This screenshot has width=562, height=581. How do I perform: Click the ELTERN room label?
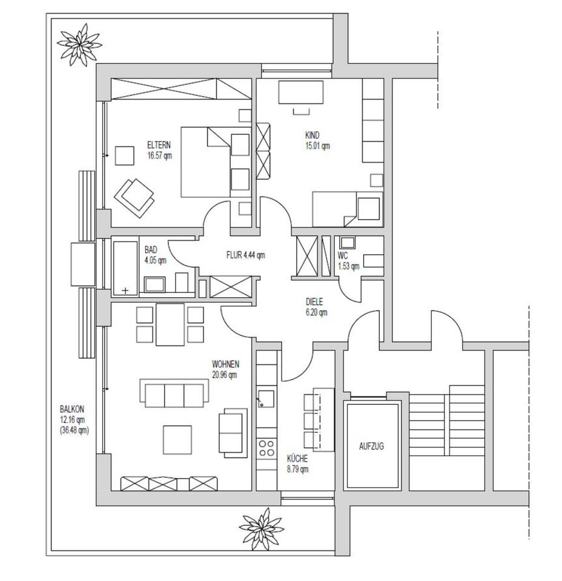click(159, 145)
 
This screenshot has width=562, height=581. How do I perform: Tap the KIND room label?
click(312, 136)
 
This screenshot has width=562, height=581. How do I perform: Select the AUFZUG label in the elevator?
click(371, 446)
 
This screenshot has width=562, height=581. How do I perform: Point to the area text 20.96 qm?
click(224, 375)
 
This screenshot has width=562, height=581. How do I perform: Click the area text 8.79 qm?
click(297, 468)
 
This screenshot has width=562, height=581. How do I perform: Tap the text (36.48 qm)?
click(74, 430)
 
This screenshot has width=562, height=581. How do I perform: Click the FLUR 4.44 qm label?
click(245, 255)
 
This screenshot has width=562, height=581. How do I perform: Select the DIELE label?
click(314, 302)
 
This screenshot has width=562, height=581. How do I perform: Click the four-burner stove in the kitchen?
click(266, 448)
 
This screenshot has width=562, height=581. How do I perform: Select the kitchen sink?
click(266, 399)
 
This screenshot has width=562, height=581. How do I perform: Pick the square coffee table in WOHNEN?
click(178, 439)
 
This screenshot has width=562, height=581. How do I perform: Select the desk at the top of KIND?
click(300, 93)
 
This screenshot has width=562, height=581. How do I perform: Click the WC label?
click(343, 255)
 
